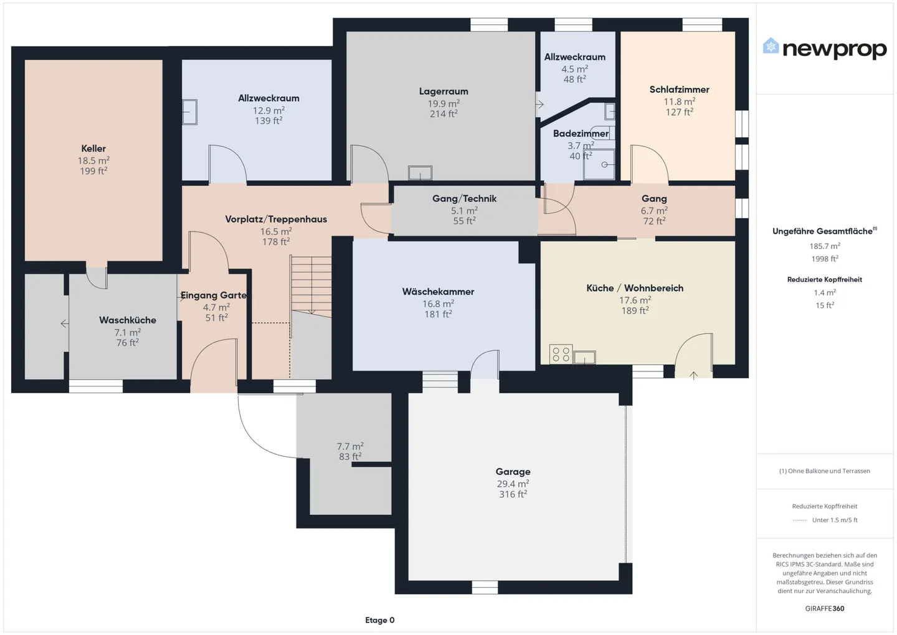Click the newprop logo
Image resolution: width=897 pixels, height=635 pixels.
point(824,49)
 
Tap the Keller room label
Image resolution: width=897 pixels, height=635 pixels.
point(93,148)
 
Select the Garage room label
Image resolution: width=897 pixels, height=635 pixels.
point(513,472)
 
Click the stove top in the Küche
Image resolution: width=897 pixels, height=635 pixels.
point(561,354)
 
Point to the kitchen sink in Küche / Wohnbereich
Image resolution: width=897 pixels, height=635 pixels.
point(584,357)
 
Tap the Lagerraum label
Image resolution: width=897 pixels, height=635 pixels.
point(444,92)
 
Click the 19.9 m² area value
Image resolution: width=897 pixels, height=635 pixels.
point(444,103)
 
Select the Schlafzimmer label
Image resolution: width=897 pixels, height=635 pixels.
point(679,90)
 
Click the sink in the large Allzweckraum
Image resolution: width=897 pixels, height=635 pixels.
point(189,112)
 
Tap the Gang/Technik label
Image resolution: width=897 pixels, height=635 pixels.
point(464,199)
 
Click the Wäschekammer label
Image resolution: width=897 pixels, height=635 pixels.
point(438,292)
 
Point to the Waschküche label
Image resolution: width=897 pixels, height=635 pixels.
point(128,320)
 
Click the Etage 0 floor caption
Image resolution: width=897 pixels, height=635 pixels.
point(379,620)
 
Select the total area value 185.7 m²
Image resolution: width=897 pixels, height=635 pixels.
point(824,246)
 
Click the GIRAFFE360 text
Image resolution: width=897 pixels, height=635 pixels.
point(824,608)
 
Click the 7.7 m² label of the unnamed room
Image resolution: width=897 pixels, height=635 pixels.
point(350,446)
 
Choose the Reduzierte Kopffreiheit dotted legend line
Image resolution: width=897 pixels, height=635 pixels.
point(799,520)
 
